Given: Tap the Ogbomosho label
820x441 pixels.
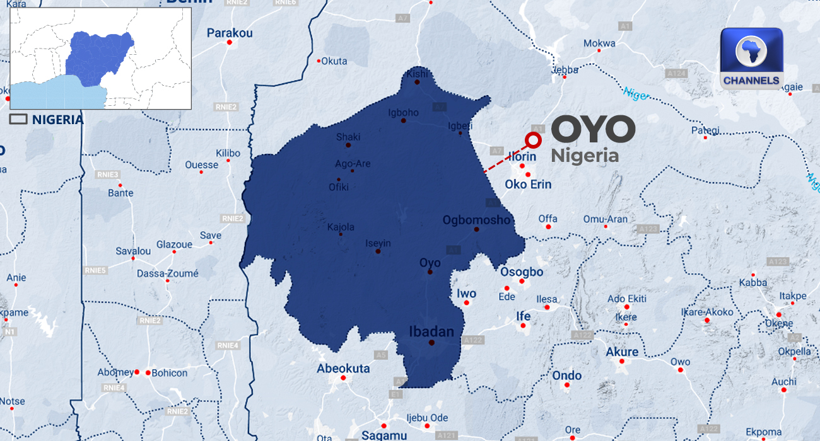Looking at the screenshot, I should click(x=476, y=220).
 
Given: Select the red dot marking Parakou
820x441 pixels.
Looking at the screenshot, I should click(x=230, y=43).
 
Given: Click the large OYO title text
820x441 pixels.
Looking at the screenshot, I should click(x=593, y=130).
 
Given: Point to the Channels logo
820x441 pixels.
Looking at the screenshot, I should click(x=751, y=59).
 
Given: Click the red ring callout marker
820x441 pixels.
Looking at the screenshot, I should click(x=534, y=140).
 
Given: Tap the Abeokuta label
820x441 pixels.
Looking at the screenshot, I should click(x=343, y=369).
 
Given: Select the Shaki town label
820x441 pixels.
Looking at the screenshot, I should click(x=348, y=137).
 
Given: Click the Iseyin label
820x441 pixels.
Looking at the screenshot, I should click(x=378, y=243).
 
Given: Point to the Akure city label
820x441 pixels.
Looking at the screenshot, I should click(x=622, y=352).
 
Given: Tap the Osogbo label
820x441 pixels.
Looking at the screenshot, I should click(x=522, y=272).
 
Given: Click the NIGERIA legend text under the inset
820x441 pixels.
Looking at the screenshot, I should click(x=57, y=119).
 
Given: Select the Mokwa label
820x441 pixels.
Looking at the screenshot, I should click(x=599, y=43).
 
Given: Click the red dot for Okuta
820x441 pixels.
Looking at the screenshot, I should click(x=319, y=61).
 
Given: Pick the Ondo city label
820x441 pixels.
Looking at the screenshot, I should click(x=566, y=375).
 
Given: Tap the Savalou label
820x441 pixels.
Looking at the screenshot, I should click(x=133, y=251).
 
